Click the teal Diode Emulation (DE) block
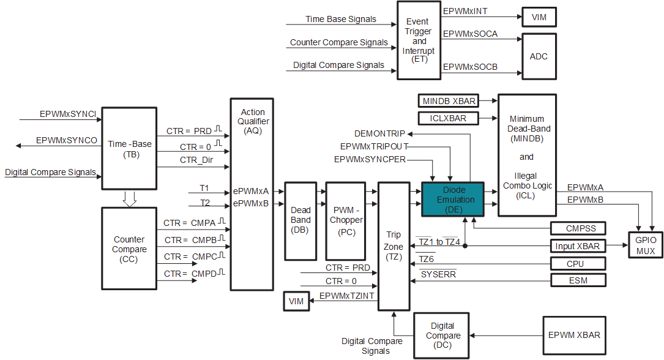(x=452, y=199)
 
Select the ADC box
(x=539, y=56)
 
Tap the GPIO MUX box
(x=645, y=246)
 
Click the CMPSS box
(x=578, y=228)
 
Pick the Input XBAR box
(x=578, y=246)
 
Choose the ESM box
(x=578, y=280)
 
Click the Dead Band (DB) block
(x=300, y=220)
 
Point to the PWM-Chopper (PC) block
(x=345, y=220)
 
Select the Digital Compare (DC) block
(x=442, y=336)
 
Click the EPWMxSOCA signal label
(x=470, y=34)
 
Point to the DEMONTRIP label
(x=381, y=133)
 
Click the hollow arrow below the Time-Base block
(x=129, y=198)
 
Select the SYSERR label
(x=438, y=274)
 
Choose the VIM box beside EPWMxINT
(x=539, y=18)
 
